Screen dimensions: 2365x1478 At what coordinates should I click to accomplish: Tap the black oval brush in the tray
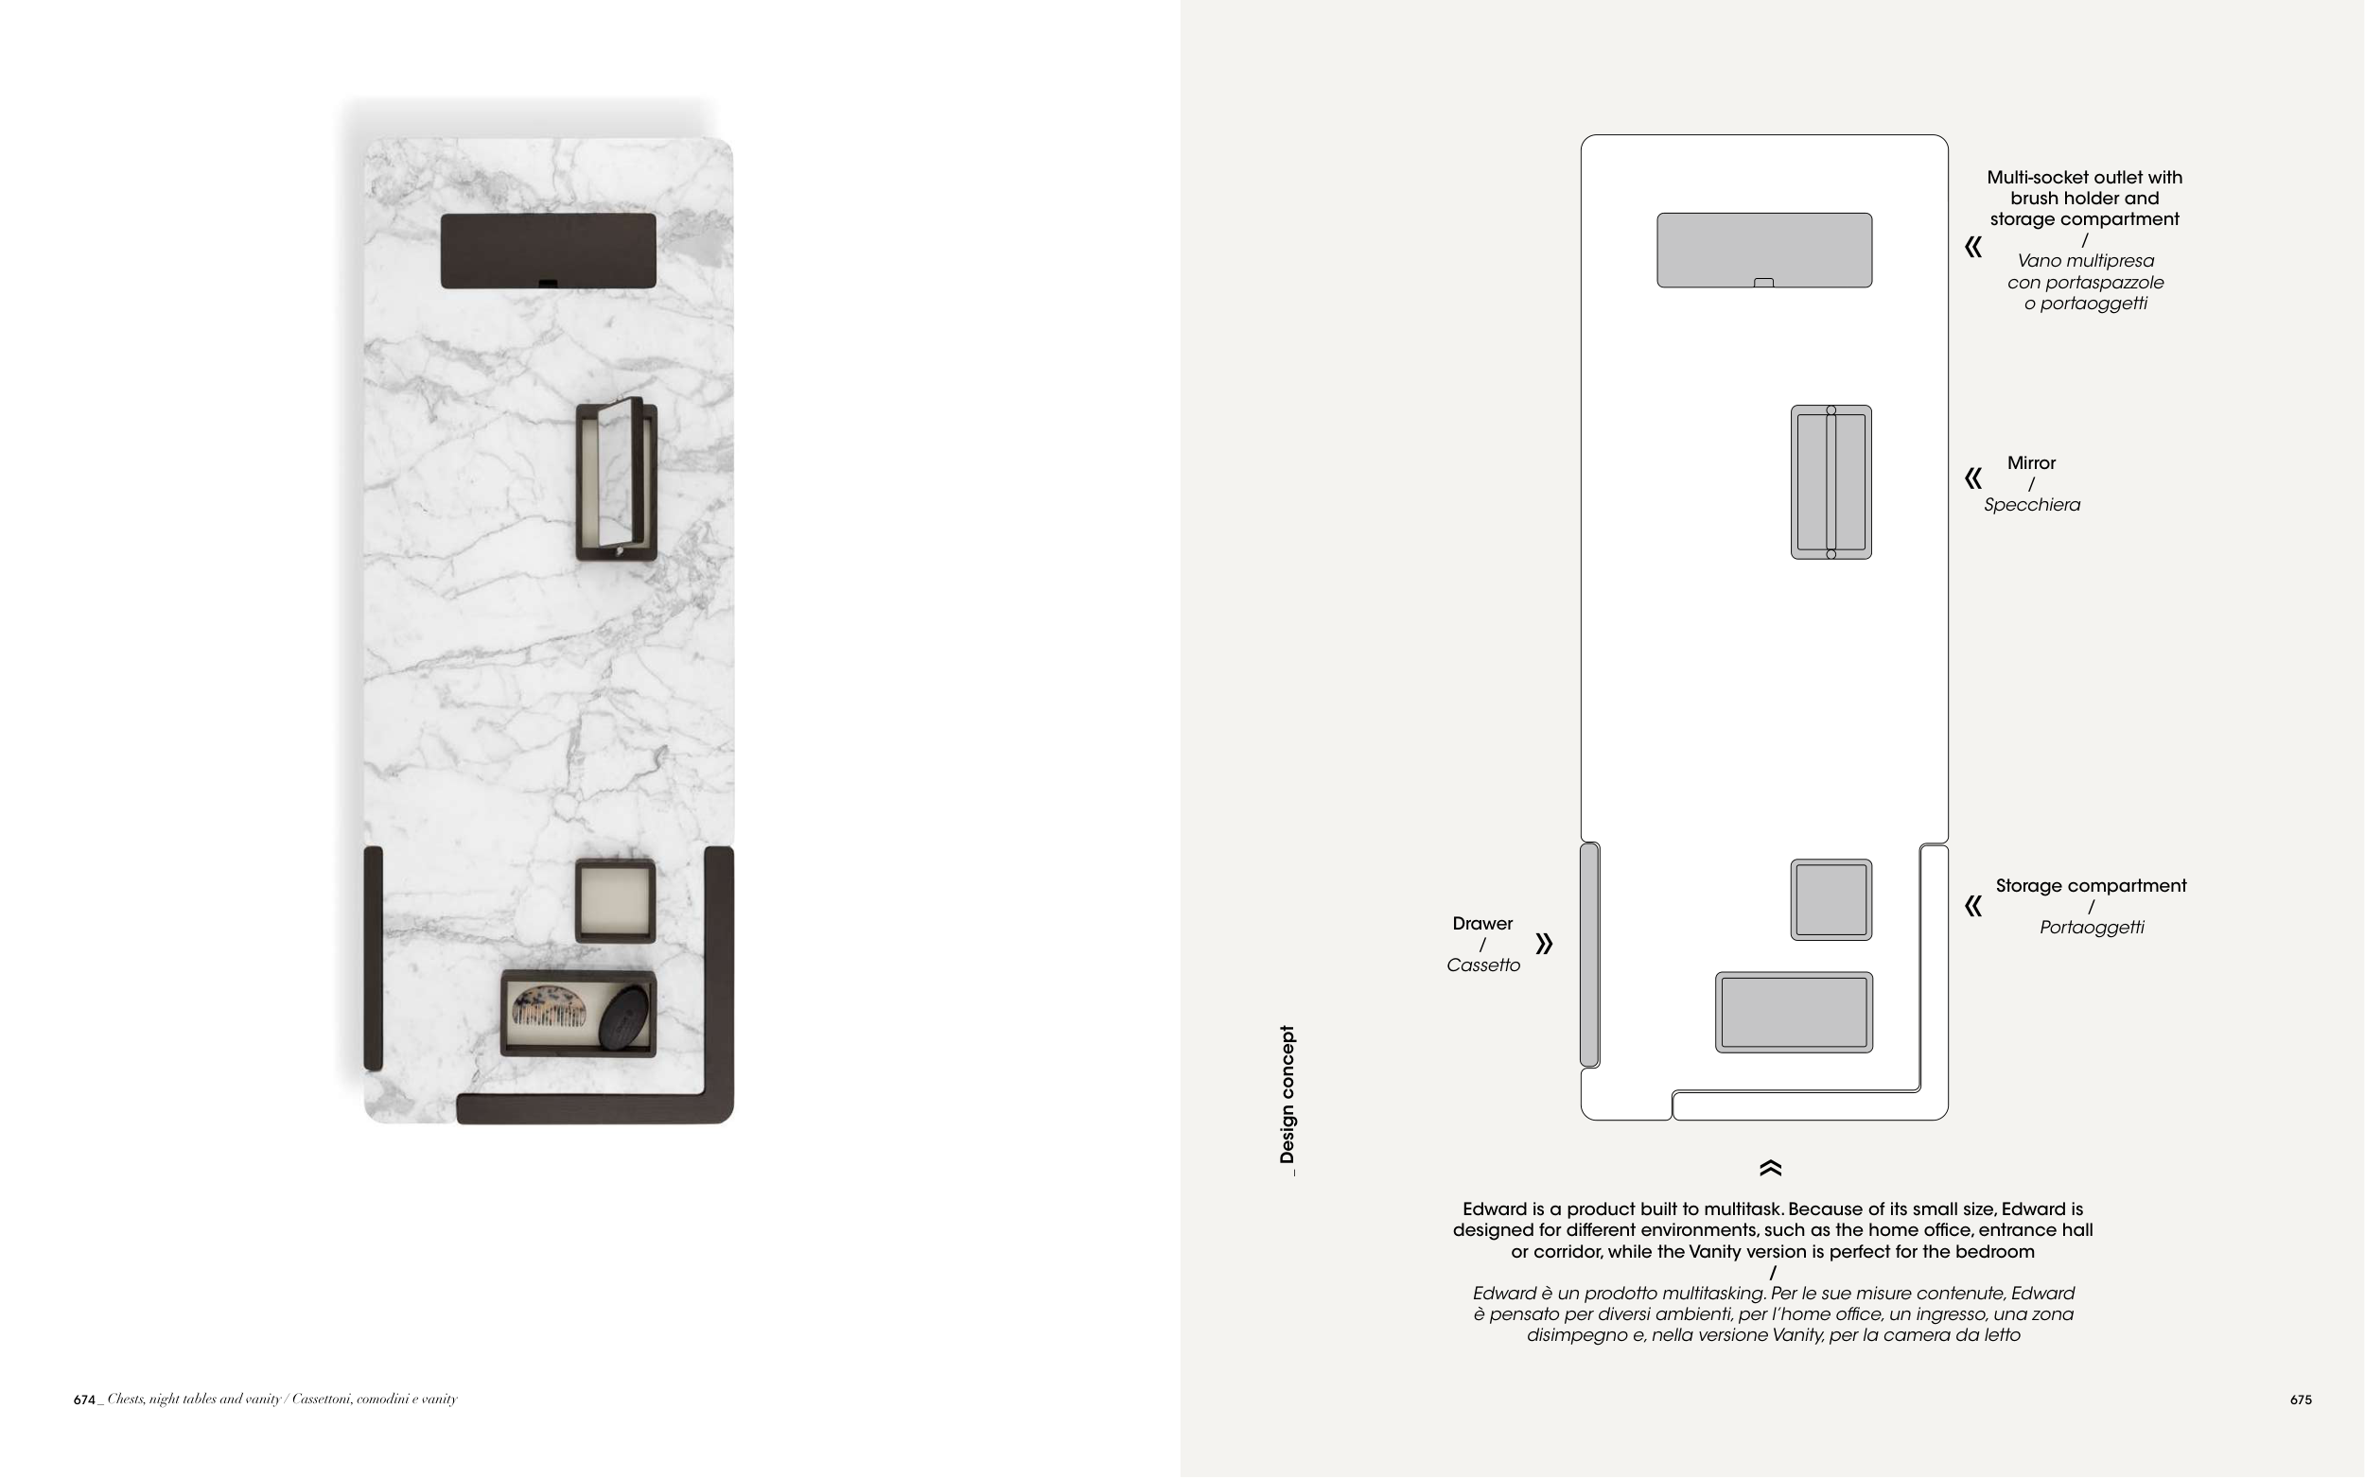624,1017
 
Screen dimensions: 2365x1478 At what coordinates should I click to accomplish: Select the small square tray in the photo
615,900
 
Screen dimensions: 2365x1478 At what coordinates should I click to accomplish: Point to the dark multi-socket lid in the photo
549,252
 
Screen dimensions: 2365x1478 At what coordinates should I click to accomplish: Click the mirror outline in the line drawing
1831,482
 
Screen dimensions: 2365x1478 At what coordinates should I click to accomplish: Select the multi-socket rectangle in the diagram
1764,251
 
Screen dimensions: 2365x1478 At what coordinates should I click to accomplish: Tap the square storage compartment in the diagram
1831,900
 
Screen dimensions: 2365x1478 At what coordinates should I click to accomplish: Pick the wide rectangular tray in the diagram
1794,1013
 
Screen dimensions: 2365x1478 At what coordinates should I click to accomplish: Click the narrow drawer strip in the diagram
1589,955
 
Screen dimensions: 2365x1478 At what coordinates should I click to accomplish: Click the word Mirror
2032,463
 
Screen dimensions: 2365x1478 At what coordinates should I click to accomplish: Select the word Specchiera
2032,505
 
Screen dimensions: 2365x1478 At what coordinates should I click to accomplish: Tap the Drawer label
1482,924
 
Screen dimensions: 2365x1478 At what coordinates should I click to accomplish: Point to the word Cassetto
1483,965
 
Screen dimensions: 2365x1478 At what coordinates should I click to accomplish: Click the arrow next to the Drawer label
1544,944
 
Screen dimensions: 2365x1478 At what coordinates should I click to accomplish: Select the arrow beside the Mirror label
1974,478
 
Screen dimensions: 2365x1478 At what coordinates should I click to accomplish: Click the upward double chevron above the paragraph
1771,1168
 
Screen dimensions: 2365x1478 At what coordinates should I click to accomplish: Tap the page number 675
2301,1400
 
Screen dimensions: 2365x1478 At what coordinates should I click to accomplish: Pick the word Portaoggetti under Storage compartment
2092,928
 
